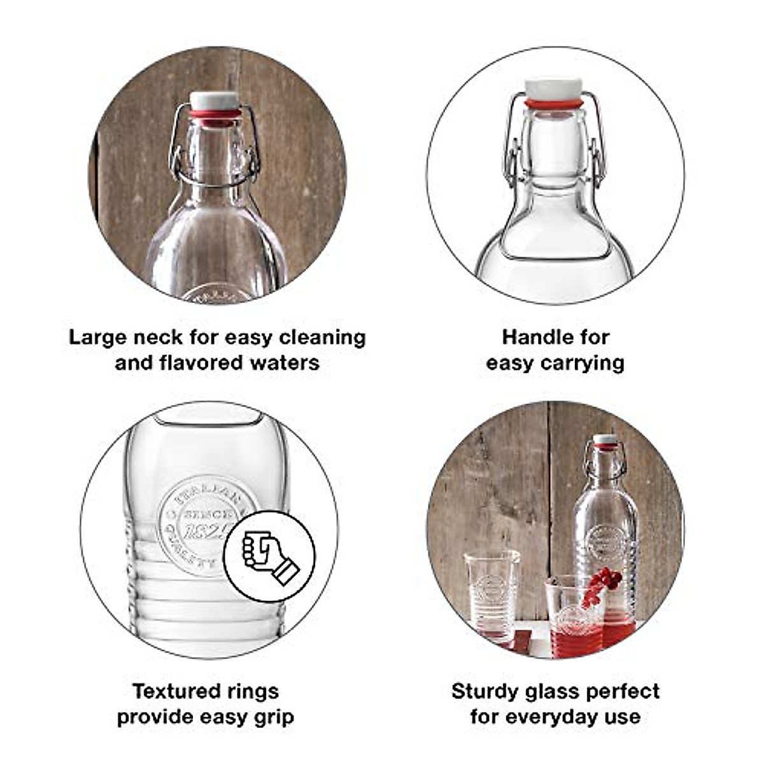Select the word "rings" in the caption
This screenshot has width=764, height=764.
253,691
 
